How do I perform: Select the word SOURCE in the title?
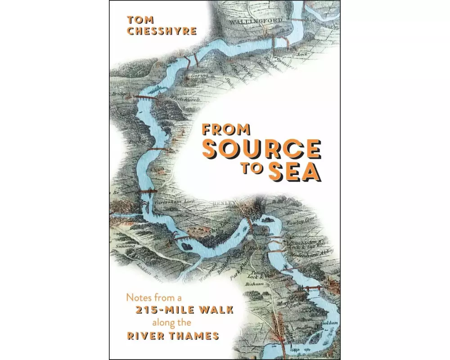tap(261, 149)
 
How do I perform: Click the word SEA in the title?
tap(295, 173)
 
